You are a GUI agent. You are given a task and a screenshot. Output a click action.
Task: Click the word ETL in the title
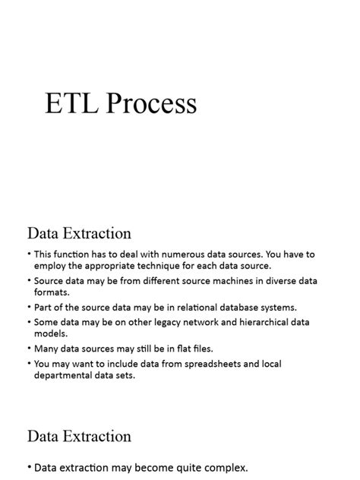click(72, 103)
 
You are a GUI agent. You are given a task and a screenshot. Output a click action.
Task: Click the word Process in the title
click(151, 103)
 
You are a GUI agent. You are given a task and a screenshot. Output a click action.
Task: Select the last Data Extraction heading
click(79, 436)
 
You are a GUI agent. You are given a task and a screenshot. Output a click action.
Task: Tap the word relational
click(175, 307)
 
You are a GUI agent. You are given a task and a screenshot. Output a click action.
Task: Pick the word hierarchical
click(256, 322)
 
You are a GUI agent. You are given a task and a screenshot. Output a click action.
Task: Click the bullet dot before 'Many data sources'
click(29, 349)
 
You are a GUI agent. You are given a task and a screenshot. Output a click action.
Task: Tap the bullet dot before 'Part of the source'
click(29, 307)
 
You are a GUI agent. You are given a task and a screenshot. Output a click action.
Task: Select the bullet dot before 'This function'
click(29, 254)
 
